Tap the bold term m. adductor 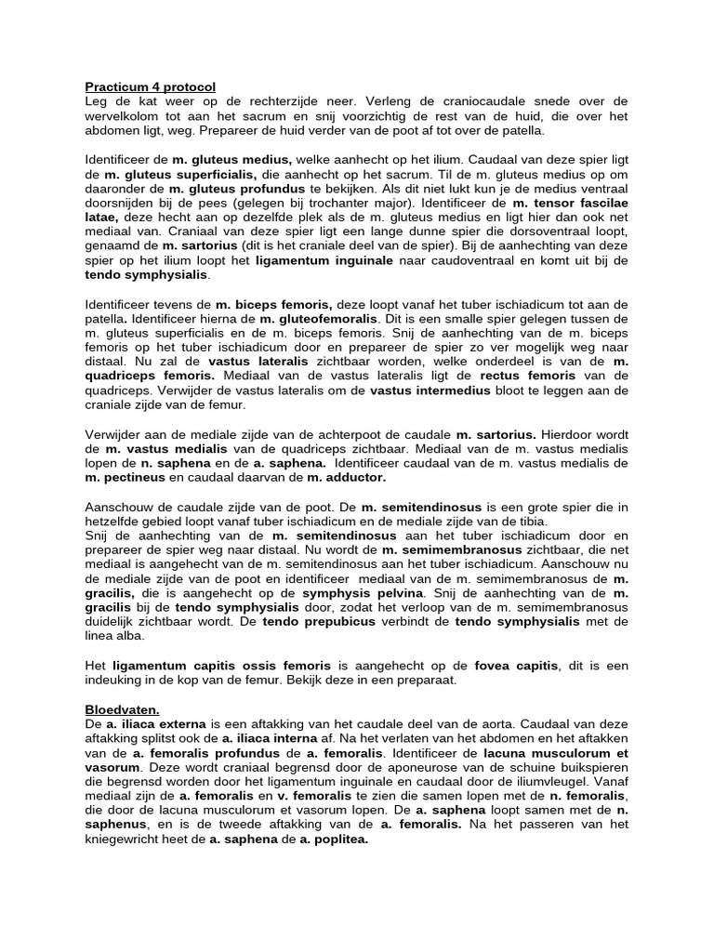[x=346, y=477]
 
